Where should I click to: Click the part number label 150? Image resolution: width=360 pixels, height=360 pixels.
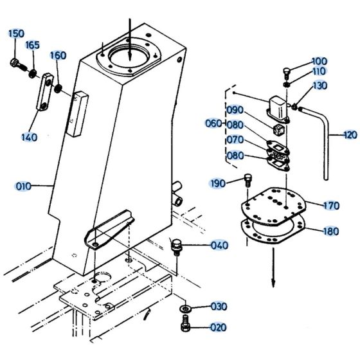pos(16,33)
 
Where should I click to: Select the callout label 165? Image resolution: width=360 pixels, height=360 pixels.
pos(33,45)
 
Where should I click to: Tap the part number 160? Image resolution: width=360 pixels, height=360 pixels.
pos(58,55)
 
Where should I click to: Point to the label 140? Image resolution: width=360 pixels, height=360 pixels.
pos(29,137)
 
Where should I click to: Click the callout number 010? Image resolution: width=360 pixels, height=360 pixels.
pos(23,187)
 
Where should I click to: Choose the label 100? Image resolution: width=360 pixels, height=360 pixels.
pos(319,61)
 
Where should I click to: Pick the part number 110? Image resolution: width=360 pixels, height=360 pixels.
pos(319,71)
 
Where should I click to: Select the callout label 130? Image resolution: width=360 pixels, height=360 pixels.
pos(320,85)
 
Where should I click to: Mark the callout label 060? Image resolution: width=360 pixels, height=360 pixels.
pos(213,123)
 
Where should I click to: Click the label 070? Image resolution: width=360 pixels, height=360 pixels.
pos(235,139)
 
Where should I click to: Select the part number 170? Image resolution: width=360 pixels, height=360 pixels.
pos(331,206)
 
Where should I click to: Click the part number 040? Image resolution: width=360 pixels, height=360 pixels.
pos(219,245)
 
